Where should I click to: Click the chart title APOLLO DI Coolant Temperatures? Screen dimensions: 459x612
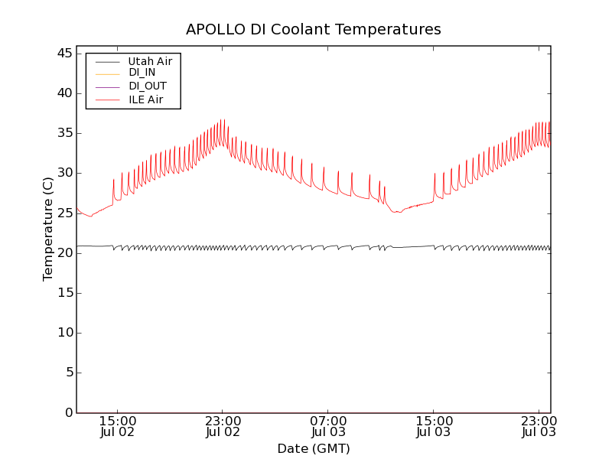tap(314, 29)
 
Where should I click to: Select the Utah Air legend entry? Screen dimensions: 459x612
tap(149, 60)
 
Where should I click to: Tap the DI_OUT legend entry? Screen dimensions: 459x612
tap(147, 86)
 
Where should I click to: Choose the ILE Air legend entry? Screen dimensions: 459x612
tap(145, 99)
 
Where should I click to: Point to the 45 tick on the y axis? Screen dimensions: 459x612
tap(63, 54)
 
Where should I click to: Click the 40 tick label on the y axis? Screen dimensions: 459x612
tap(63, 93)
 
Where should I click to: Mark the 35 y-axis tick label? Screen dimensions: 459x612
tap(63, 133)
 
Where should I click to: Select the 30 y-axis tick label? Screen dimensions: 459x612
tap(63, 173)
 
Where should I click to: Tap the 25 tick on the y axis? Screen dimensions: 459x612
tap(63, 213)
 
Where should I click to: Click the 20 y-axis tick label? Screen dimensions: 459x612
tap(63, 253)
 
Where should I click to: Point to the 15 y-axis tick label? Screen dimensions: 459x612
tap(63, 293)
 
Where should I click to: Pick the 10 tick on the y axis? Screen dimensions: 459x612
tap(63, 333)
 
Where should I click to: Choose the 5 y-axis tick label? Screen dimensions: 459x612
tap(67, 373)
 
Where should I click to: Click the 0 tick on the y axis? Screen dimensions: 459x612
tap(67, 413)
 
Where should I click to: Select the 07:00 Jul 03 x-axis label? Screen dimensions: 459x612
tap(328, 426)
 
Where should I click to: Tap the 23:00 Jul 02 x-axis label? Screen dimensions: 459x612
tap(223, 426)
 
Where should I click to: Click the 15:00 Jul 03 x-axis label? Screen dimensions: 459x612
tap(433, 426)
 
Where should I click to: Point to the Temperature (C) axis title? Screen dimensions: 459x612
tap(48, 229)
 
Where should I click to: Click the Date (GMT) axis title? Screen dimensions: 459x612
tap(314, 448)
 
